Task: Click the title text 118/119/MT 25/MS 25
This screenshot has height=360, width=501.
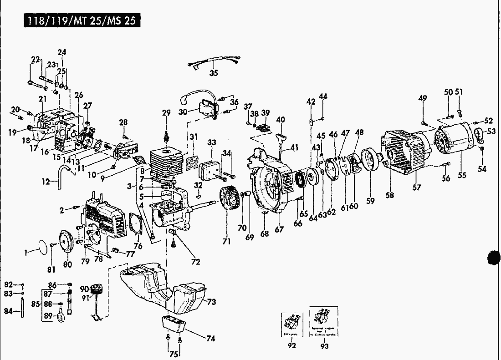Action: point(76,21)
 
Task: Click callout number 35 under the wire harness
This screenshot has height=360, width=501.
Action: point(214,73)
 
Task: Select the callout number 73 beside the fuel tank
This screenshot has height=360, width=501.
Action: point(211,302)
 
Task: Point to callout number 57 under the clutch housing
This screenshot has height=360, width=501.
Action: point(417,187)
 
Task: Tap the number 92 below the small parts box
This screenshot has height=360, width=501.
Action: point(292,345)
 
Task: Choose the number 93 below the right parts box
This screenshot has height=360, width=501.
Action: point(325,345)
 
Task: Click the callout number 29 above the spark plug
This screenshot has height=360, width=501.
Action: point(166,112)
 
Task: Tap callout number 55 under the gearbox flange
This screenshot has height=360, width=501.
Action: point(462,175)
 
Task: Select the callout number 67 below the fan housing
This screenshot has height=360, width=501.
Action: point(279,229)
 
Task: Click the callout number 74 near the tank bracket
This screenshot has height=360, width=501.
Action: point(210,339)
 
